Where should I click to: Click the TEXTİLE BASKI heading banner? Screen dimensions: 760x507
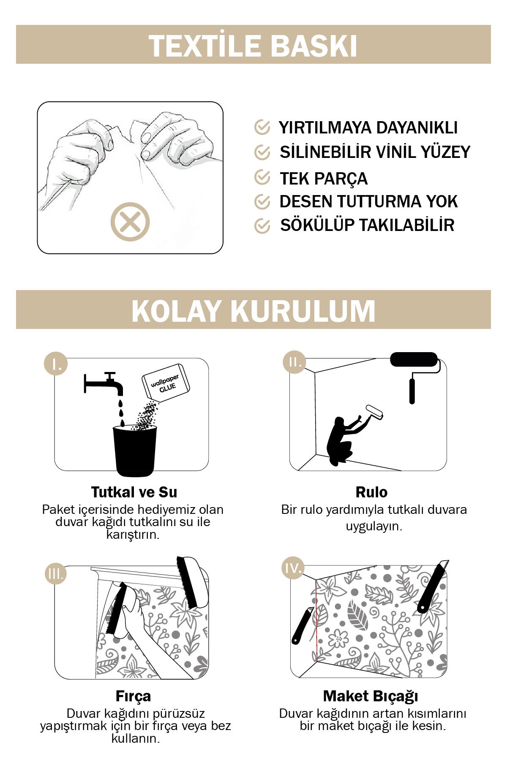click(x=253, y=45)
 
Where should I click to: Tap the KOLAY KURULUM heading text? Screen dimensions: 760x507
click(x=253, y=311)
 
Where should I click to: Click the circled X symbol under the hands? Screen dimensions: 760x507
click(x=130, y=222)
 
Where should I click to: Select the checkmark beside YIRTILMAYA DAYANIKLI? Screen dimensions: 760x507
click(x=262, y=127)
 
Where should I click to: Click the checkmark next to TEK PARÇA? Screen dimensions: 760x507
click(x=262, y=178)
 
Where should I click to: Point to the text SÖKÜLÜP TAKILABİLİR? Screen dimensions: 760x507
click(x=367, y=225)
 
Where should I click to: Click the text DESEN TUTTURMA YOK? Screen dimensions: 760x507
click(x=368, y=201)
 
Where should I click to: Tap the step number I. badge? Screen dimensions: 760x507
click(x=56, y=363)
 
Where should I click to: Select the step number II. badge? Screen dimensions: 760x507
click(x=294, y=362)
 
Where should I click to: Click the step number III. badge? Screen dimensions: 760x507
click(x=56, y=573)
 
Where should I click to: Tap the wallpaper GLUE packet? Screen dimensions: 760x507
click(x=166, y=382)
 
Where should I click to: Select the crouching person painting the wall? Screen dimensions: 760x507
click(x=342, y=439)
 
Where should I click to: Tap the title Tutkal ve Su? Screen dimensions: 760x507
click(x=134, y=492)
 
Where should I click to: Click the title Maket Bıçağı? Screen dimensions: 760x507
click(x=371, y=696)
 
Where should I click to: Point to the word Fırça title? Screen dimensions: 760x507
click(x=133, y=696)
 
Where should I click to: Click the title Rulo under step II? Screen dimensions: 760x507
click(x=371, y=492)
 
